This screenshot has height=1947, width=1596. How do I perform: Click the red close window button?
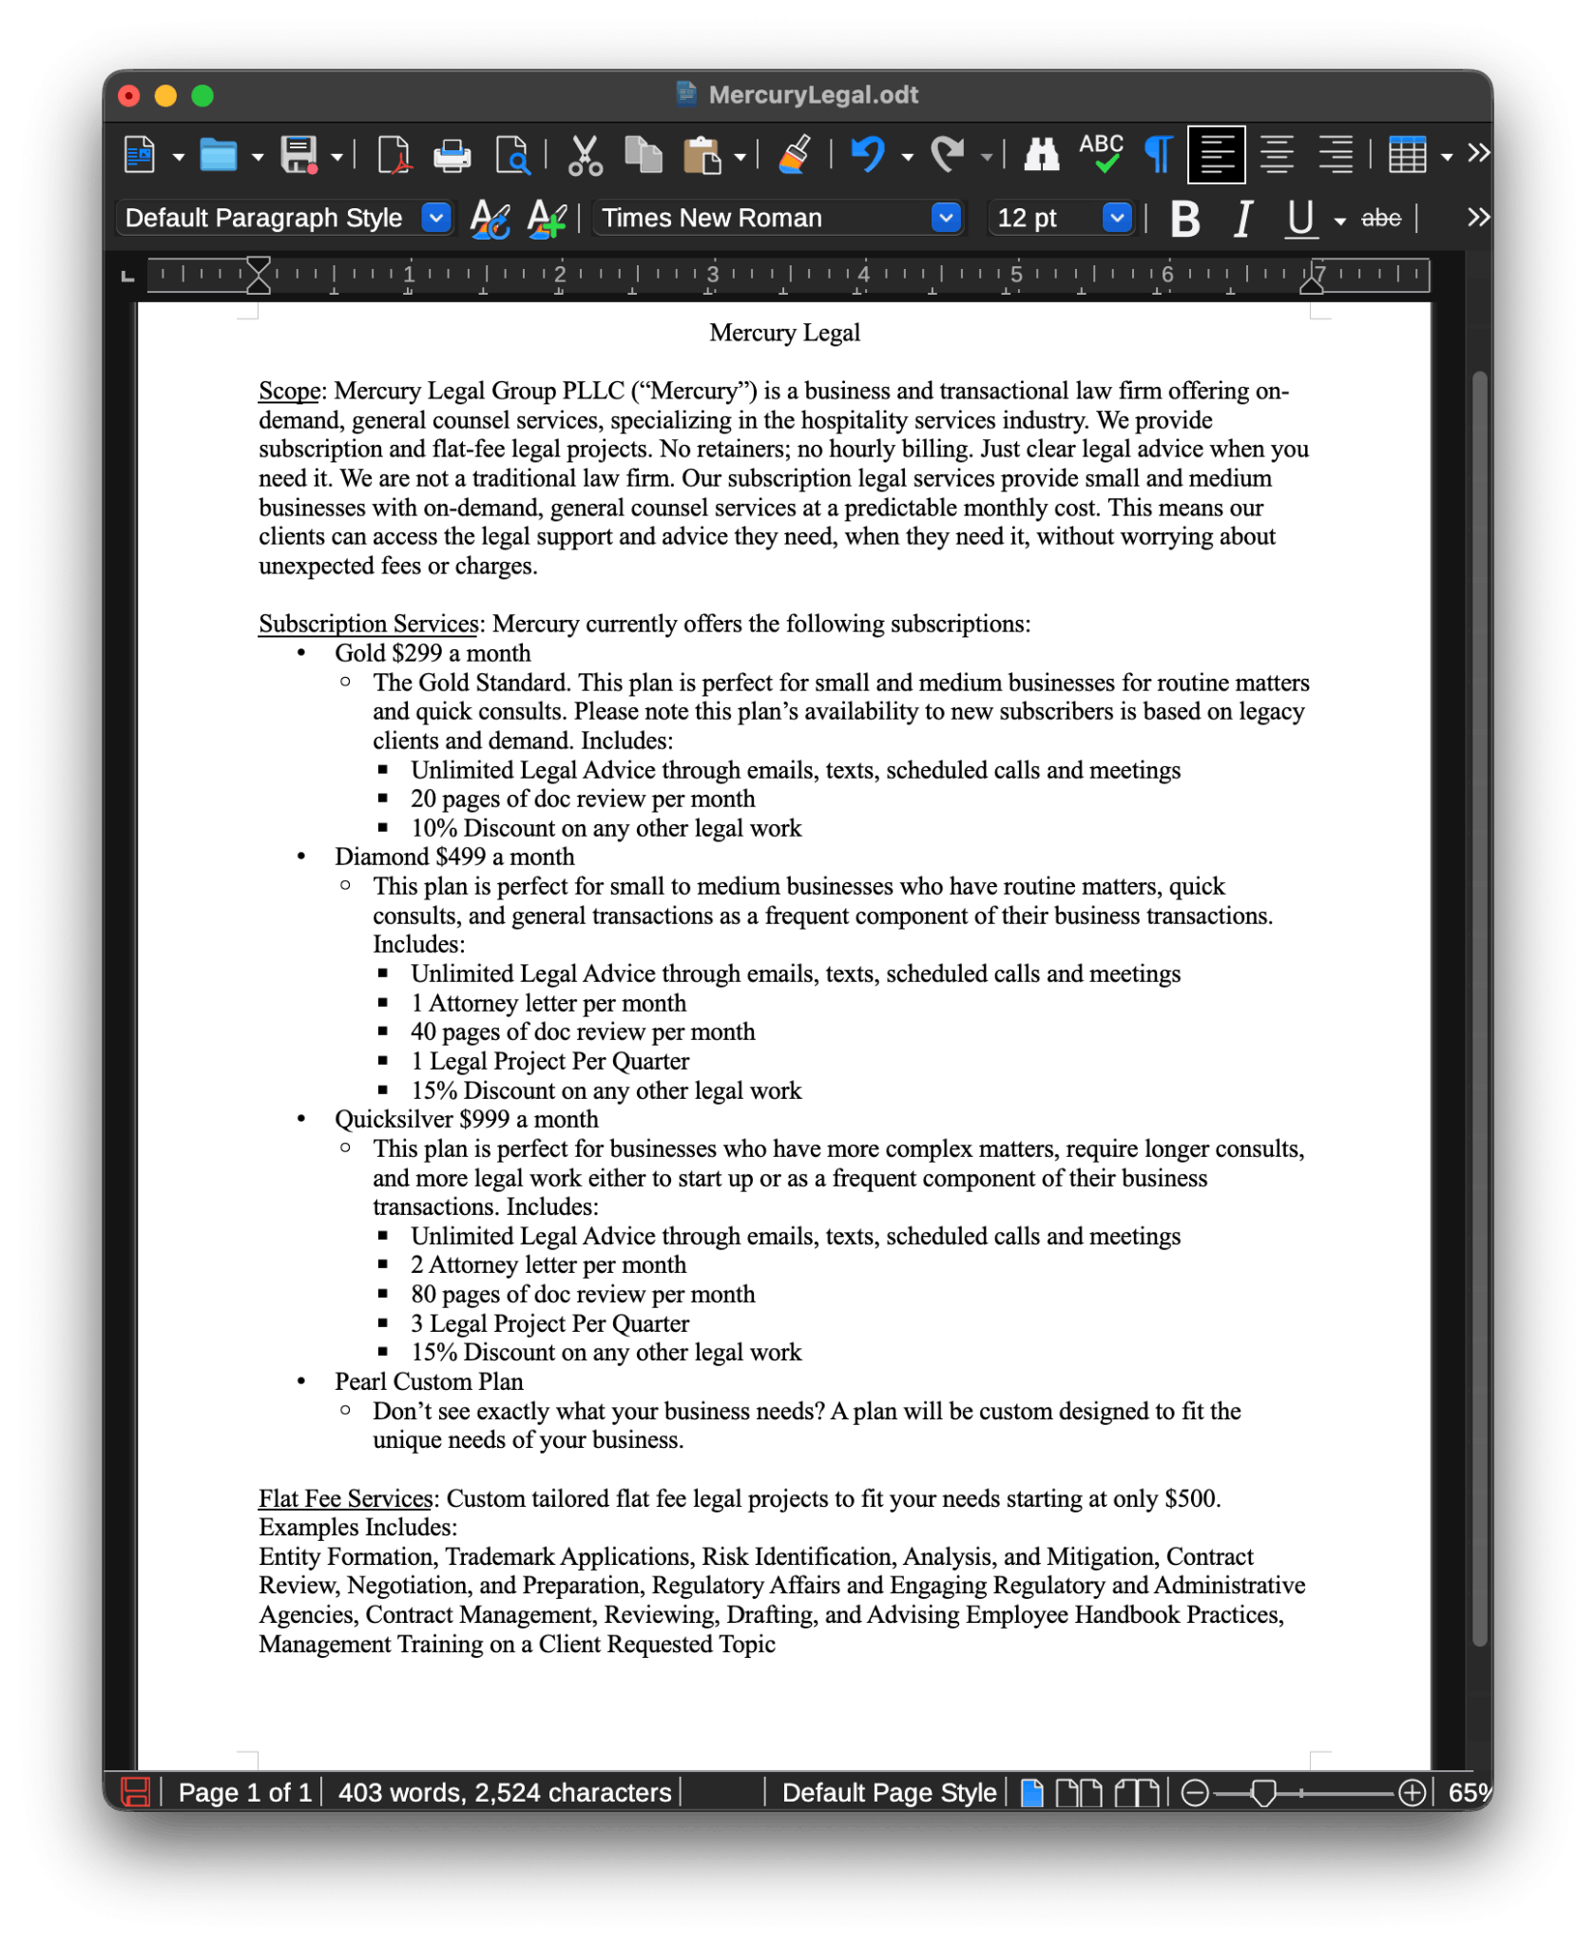(x=129, y=96)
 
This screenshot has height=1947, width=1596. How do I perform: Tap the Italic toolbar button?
(x=1242, y=219)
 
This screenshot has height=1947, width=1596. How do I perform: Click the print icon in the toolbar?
(x=452, y=155)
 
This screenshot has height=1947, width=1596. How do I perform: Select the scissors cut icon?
(x=585, y=155)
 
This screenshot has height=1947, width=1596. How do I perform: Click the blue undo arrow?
(x=867, y=154)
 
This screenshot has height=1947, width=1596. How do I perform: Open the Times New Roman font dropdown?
(x=945, y=219)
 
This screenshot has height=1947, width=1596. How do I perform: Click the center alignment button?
(x=1276, y=154)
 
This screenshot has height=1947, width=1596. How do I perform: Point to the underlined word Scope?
(x=289, y=392)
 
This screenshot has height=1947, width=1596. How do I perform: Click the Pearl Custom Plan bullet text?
(x=429, y=1382)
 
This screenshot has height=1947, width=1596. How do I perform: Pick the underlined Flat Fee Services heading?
(x=346, y=1499)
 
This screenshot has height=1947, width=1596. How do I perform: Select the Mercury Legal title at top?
(x=784, y=334)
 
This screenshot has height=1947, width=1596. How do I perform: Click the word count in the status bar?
(x=505, y=1793)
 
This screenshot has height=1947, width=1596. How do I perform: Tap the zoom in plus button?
(x=1413, y=1793)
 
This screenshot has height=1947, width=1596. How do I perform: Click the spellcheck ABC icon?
(x=1101, y=152)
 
